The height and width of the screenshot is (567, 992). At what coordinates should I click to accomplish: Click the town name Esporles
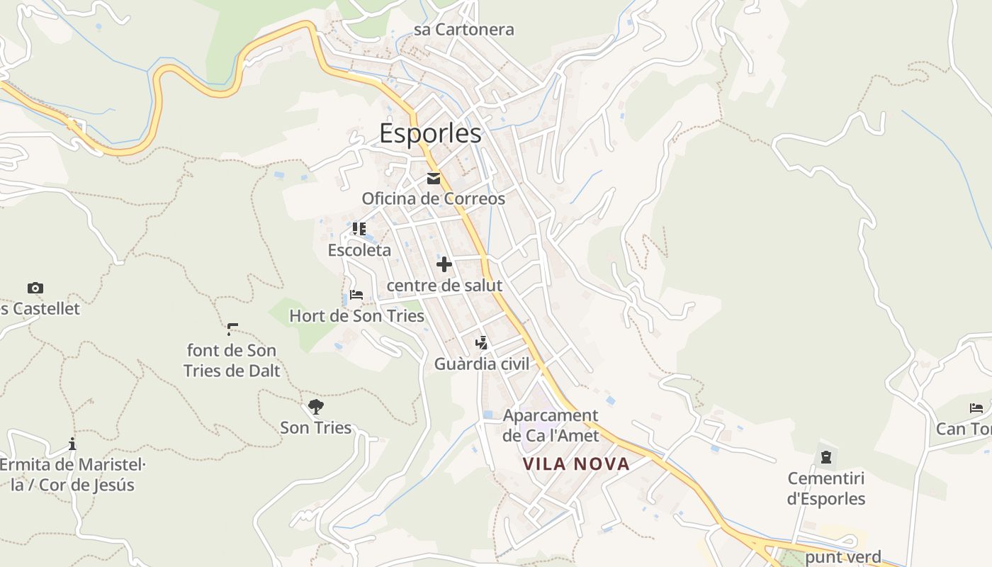430,133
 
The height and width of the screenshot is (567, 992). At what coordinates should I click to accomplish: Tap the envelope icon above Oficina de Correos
434,179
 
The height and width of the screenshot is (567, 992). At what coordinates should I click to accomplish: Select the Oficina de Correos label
434,198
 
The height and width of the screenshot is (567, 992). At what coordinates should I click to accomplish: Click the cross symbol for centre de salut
444,264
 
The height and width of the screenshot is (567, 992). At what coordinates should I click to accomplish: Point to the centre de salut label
444,286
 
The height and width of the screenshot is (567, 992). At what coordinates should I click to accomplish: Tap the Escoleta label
359,250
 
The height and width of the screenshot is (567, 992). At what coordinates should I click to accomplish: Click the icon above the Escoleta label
359,229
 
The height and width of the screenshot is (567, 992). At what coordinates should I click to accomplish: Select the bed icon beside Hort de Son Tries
356,295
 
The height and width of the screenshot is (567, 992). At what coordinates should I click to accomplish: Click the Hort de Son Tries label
356,316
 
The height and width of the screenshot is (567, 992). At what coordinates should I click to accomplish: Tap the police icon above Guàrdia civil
482,343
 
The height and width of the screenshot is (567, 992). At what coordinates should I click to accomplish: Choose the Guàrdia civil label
482,364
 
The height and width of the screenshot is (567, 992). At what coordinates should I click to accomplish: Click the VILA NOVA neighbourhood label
576,464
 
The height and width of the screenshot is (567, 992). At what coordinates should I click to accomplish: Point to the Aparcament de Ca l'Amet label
551,425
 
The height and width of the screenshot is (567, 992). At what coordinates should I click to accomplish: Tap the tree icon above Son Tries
316,407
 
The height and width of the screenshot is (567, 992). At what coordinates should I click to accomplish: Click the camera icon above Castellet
35,288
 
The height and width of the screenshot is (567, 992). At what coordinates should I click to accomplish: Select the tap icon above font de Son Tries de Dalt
232,329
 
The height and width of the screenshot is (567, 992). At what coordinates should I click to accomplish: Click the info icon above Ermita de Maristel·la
72,444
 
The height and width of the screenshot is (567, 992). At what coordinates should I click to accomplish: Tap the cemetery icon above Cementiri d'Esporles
826,457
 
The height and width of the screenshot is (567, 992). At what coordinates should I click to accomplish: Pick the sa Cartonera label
464,30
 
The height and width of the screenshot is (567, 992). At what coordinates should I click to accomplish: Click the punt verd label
843,557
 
